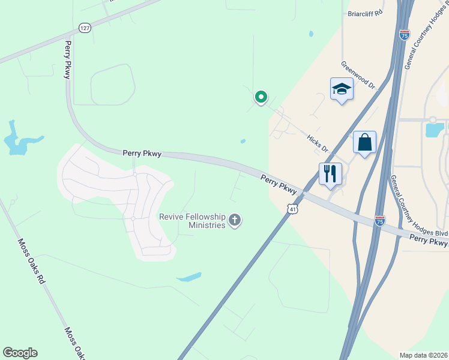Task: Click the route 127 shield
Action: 85,28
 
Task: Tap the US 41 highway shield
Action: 292,208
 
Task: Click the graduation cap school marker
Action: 342,90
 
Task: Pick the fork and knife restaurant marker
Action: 330,174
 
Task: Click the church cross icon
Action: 235,221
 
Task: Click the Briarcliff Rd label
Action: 365,13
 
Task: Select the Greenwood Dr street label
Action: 358,75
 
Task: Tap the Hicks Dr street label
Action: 318,143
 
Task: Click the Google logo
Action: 20,353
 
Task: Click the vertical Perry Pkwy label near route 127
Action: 68,59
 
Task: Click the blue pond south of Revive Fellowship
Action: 190,277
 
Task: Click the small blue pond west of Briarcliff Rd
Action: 310,34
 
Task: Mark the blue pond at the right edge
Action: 434,129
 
